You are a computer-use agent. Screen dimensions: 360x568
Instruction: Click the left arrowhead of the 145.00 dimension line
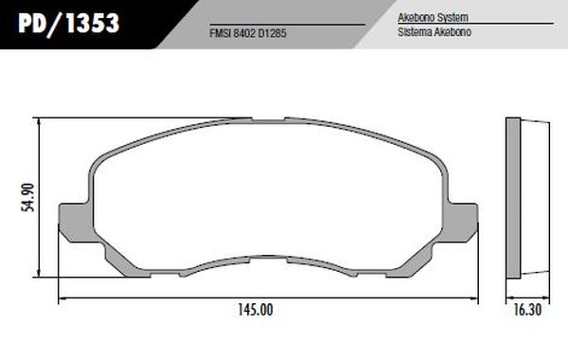[63, 300]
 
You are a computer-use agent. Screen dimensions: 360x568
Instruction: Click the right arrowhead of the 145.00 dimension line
[473, 300]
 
